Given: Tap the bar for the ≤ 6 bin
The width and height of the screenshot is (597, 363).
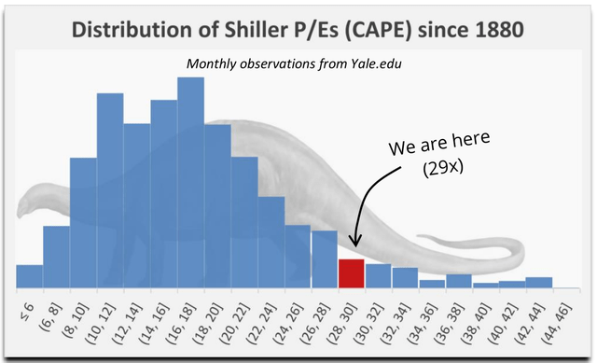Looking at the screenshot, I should click(30, 276).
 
